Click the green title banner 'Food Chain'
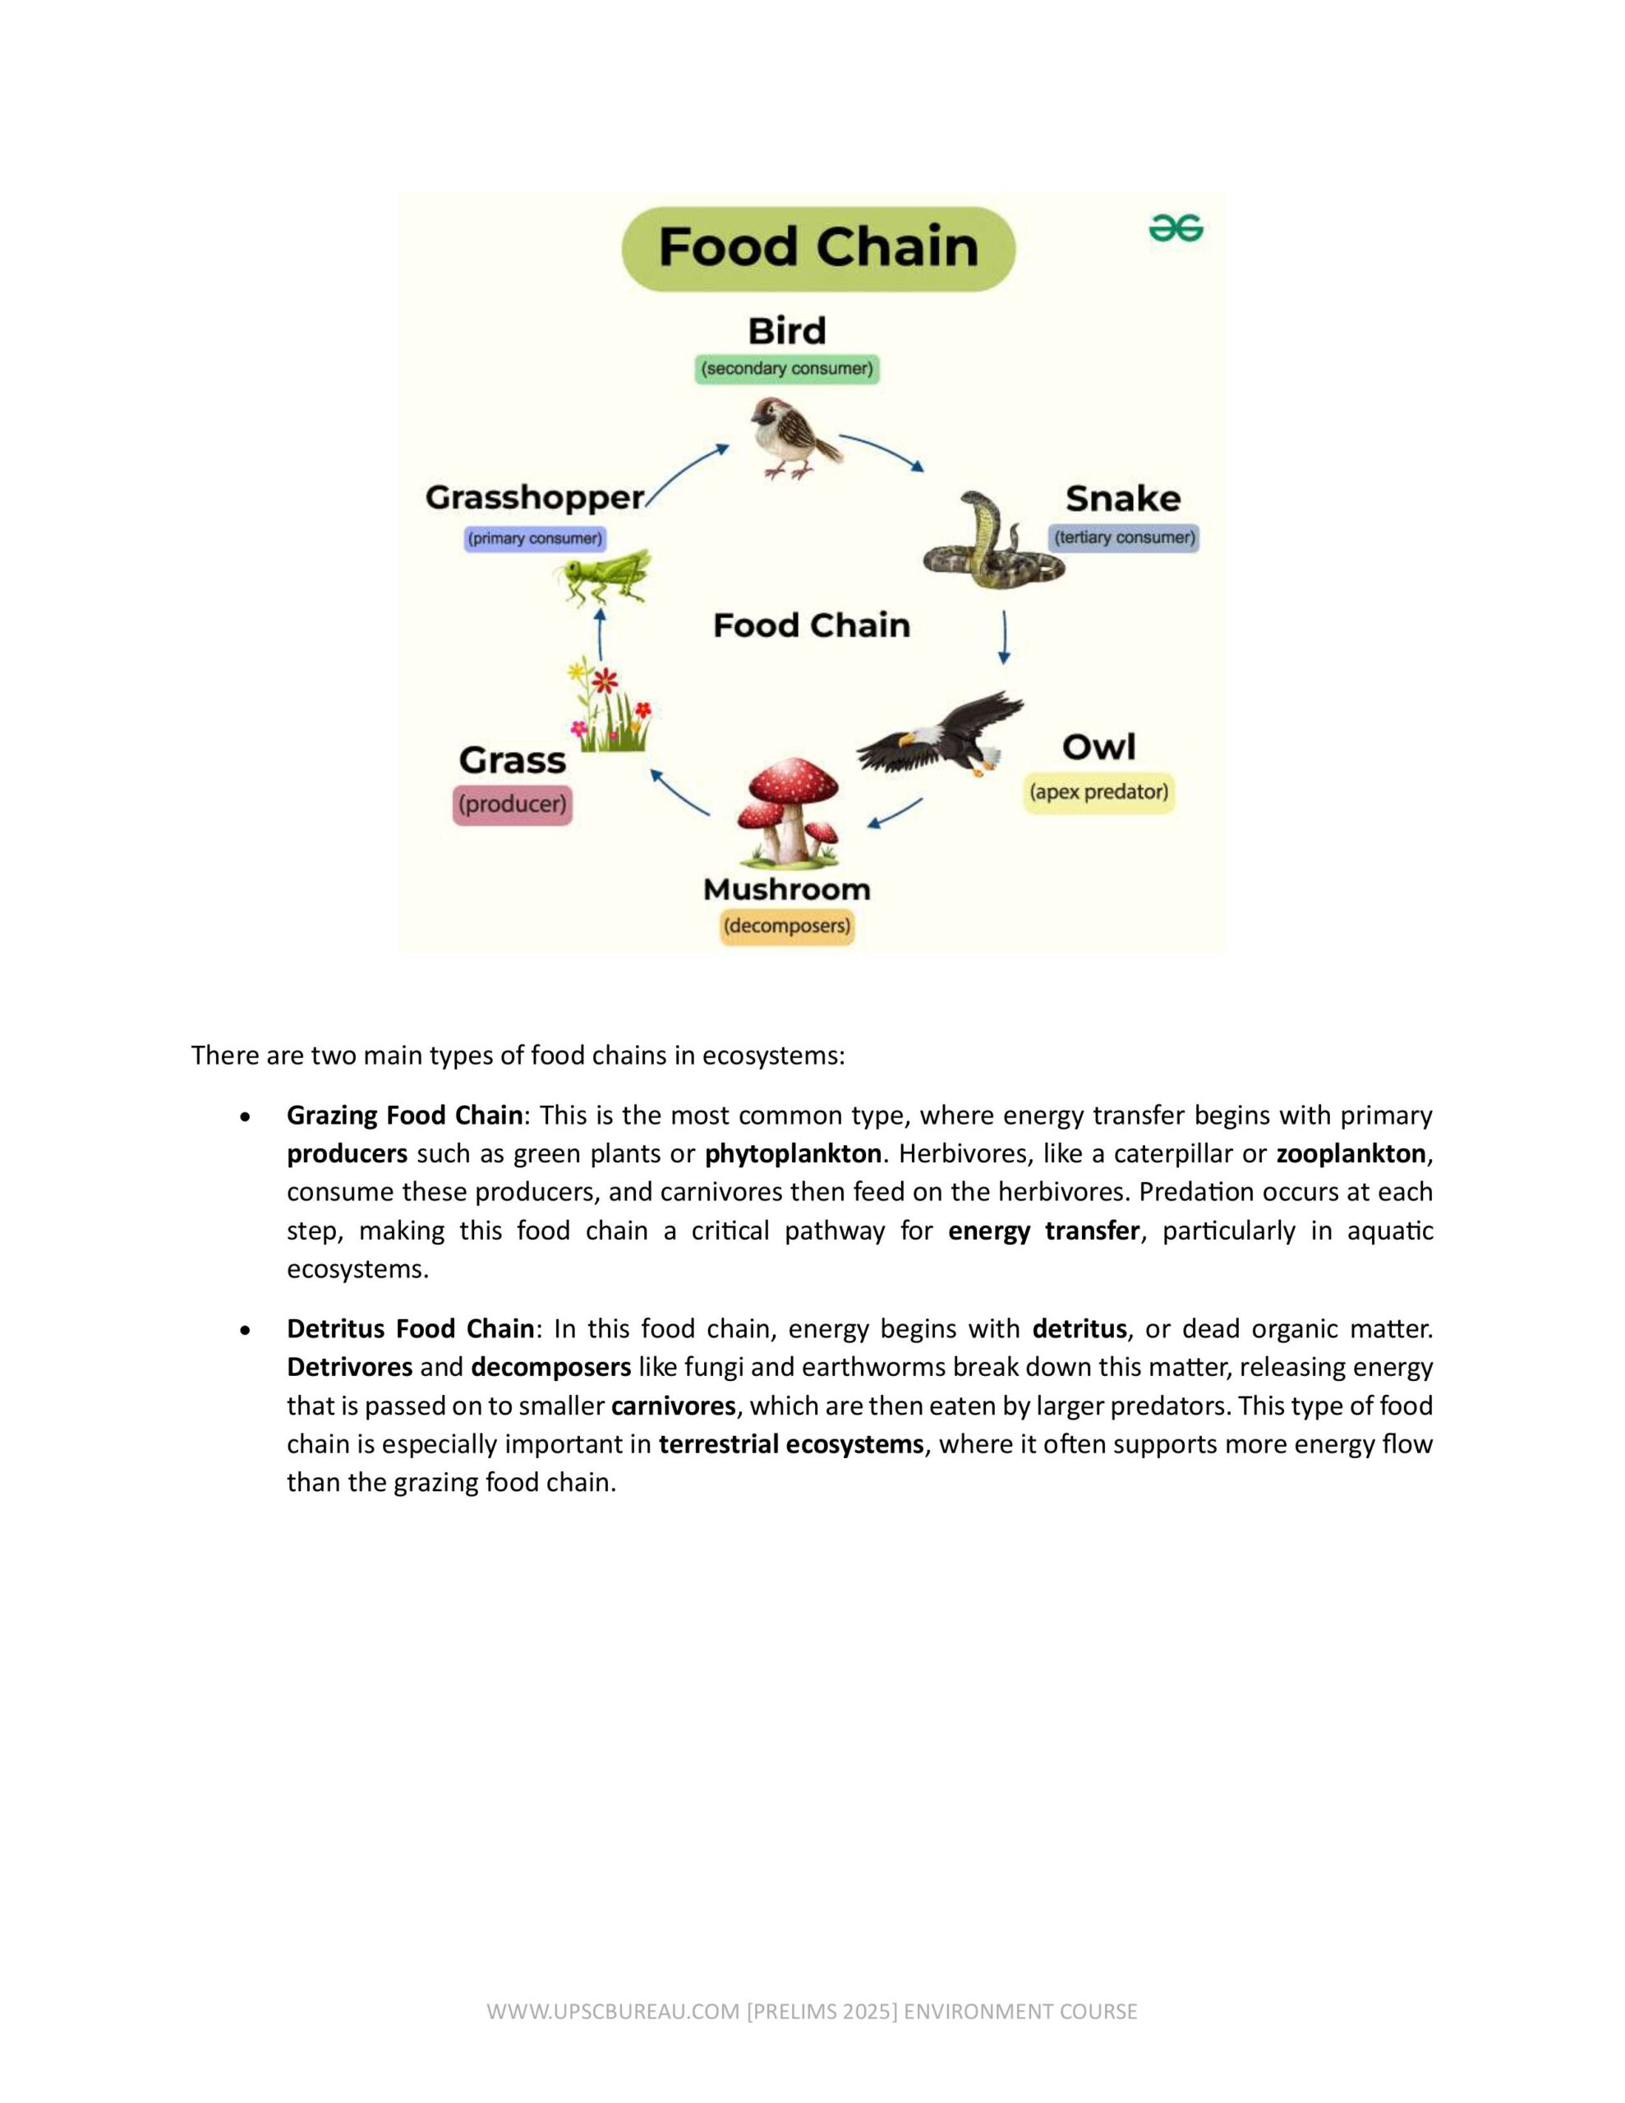click(817, 247)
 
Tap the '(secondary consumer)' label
click(787, 369)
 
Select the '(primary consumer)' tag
click(535, 538)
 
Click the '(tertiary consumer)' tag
click(1124, 537)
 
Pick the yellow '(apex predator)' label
click(1098, 792)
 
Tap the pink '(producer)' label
click(513, 804)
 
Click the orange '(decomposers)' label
click(787, 927)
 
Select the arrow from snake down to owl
click(1004, 637)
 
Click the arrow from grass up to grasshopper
click(601, 633)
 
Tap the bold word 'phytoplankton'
click(793, 1153)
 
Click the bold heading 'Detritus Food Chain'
click(409, 1329)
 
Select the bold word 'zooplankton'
click(1351, 1153)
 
